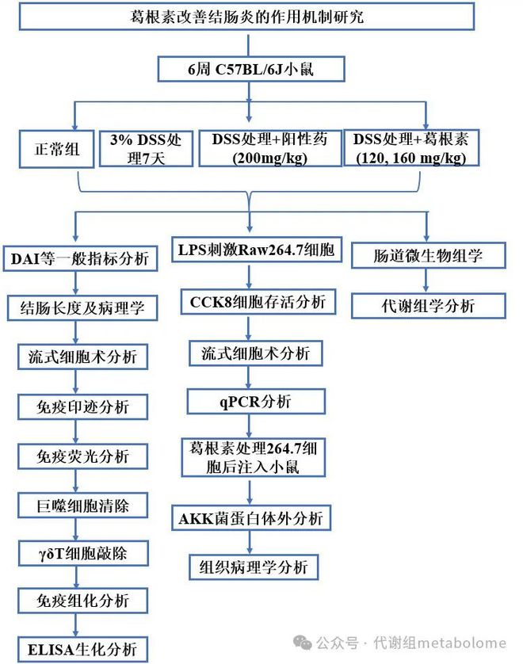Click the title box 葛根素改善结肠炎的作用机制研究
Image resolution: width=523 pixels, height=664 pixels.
(246, 17)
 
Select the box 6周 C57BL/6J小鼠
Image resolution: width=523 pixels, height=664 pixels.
(251, 69)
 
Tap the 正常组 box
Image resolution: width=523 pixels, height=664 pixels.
(56, 149)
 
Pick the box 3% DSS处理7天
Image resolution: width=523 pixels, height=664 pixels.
(146, 149)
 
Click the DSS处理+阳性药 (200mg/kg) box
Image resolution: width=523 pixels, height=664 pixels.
(270, 148)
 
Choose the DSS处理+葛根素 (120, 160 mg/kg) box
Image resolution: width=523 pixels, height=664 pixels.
(411, 147)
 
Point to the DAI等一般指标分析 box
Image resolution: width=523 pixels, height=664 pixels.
(80, 258)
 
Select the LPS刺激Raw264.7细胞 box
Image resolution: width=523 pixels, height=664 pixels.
(257, 250)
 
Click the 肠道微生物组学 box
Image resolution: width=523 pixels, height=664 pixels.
(429, 255)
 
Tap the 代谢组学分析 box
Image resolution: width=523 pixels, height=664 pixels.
(429, 306)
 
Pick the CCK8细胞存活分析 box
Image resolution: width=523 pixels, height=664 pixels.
(258, 302)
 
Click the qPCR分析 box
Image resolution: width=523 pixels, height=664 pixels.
(256, 402)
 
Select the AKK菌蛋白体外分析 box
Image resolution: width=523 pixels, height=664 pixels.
(251, 517)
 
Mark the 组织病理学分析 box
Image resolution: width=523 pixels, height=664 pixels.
(254, 567)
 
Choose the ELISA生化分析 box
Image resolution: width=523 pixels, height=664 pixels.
(82, 649)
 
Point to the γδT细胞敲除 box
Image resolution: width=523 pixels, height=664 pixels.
(83, 553)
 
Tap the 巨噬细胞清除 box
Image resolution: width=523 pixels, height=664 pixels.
(82, 506)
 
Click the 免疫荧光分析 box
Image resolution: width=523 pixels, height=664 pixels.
(82, 456)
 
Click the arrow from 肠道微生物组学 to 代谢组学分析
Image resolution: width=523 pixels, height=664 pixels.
(426, 280)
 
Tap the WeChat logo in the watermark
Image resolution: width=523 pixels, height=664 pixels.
(303, 642)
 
